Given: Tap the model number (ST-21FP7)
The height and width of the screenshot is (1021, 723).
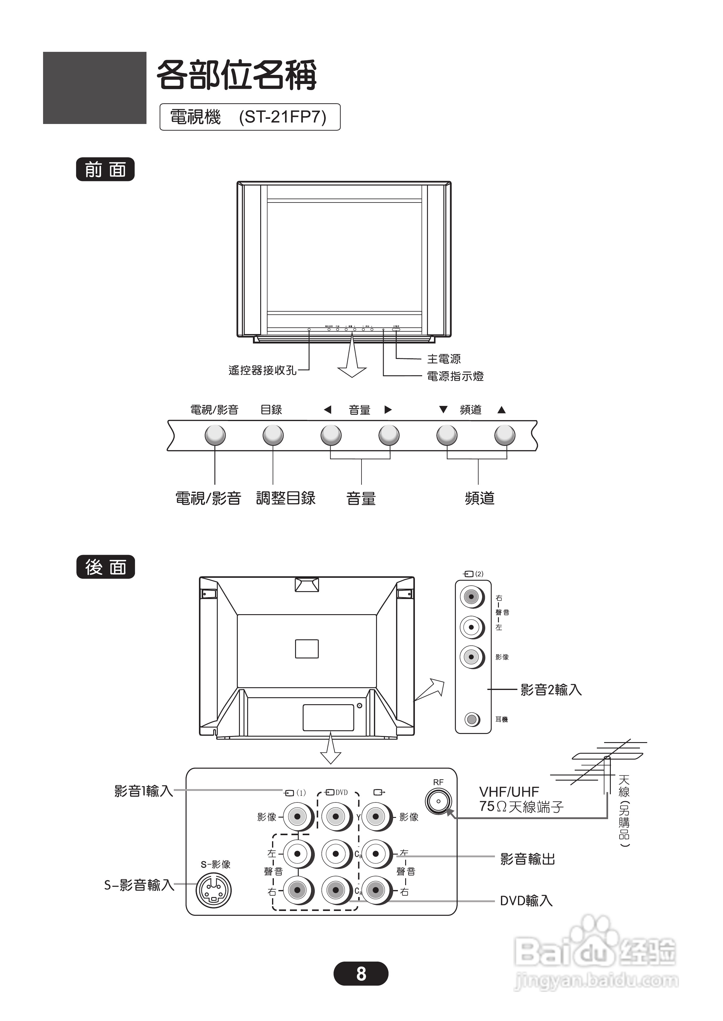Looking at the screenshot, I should tap(282, 117).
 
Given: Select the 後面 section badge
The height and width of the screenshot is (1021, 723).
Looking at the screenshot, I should tap(106, 567).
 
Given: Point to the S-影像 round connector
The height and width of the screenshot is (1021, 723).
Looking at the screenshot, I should tap(214, 890).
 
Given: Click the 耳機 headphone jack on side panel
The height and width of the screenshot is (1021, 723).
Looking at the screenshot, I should tap(472, 719).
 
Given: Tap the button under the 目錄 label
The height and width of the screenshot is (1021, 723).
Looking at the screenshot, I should tap(273, 435).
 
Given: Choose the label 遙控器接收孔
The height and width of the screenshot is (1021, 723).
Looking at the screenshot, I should tap(262, 370).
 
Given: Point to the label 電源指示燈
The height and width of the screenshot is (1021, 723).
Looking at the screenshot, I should tap(455, 377).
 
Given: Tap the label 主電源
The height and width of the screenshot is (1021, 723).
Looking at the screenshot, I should tap(444, 359).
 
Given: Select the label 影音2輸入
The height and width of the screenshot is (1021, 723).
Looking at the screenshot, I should tap(551, 690).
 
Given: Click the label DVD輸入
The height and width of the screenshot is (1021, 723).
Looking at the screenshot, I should tap(526, 901).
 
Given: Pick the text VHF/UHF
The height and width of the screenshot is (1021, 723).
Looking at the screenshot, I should tap(509, 792).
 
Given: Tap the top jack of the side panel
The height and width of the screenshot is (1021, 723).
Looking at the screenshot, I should tap(472, 597).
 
